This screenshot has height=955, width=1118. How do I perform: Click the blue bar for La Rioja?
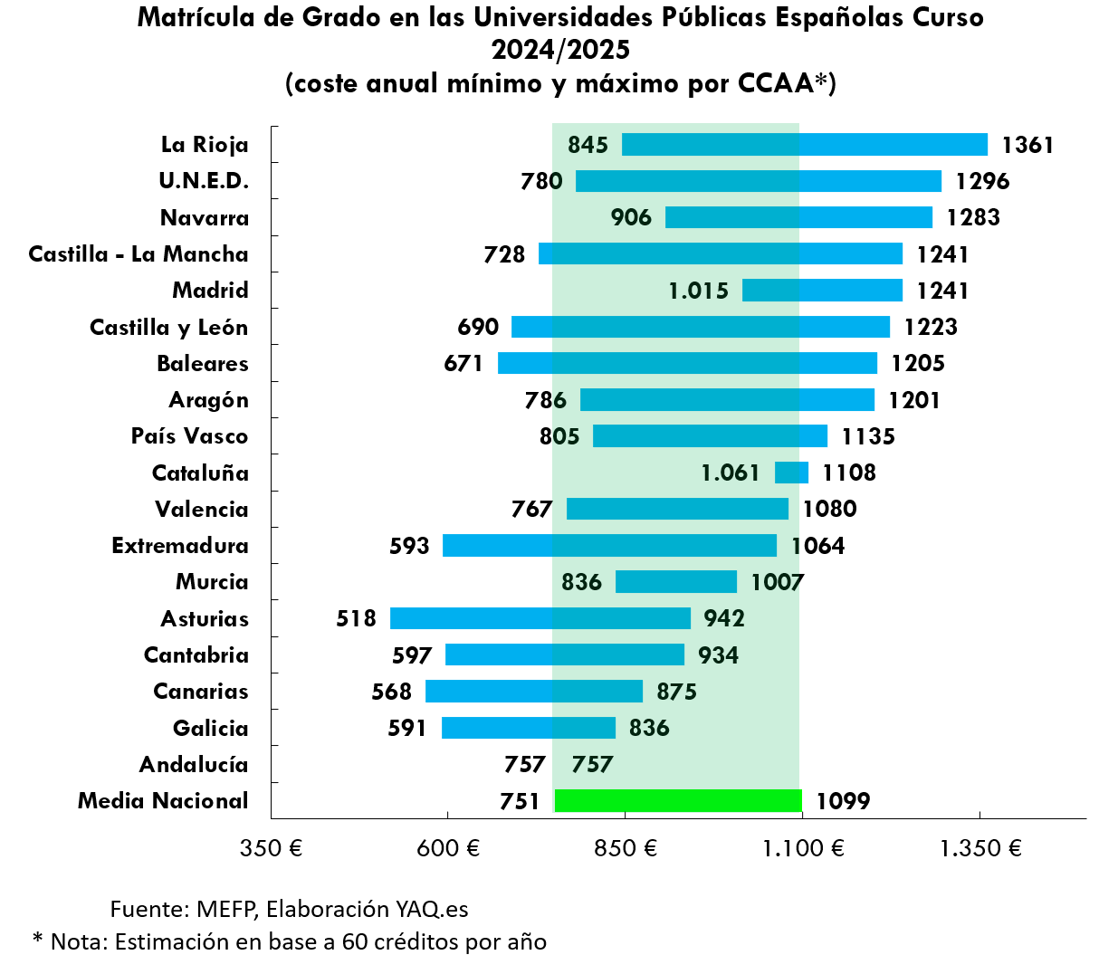[804, 145]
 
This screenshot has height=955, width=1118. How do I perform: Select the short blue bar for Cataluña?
[791, 473]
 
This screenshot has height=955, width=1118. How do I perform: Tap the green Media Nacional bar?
[678, 801]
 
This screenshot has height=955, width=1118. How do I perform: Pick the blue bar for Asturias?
[540, 618]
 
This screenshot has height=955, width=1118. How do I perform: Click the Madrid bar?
[822, 291]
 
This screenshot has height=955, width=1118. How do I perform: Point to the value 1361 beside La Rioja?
[1027, 145]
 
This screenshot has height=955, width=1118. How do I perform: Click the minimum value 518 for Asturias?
[356, 618]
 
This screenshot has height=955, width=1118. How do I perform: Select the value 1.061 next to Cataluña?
[730, 473]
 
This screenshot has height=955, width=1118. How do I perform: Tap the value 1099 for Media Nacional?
[843, 801]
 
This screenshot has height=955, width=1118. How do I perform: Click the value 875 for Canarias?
[676, 692]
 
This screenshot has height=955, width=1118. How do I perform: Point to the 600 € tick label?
[448, 848]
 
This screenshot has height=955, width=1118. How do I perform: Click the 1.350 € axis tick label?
[980, 848]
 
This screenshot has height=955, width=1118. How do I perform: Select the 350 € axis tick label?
[271, 848]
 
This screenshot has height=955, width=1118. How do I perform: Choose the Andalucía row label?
[194, 765]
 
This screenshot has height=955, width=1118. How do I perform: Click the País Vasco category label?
[189, 436]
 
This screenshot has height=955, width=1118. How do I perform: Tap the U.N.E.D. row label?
[204, 181]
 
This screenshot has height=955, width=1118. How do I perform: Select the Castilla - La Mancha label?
[139, 254]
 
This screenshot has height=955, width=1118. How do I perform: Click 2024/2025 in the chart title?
[560, 50]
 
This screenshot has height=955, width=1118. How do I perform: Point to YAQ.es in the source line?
[431, 909]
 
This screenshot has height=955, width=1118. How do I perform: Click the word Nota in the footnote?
[75, 941]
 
